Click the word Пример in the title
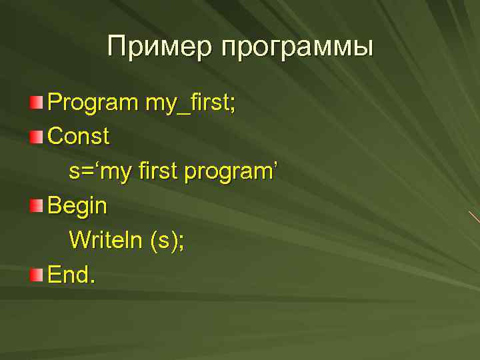pos(159,47)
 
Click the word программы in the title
pos(297,49)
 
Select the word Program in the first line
pos(92,103)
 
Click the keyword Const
pos(79,137)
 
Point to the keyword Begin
pos(77,206)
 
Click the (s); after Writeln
pos(166,239)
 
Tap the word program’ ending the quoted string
pos(230,172)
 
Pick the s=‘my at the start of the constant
pos(98,172)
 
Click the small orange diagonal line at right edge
pos(474,217)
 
